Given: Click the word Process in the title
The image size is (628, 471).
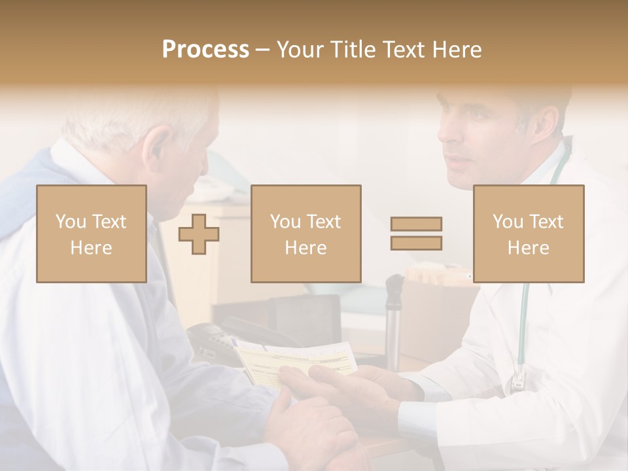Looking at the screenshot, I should pyautogui.click(x=205, y=50).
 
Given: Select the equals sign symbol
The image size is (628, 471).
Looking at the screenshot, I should pyautogui.click(x=416, y=234).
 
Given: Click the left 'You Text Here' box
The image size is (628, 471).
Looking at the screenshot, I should pyautogui.click(x=92, y=234).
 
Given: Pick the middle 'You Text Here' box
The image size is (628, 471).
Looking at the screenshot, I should pyautogui.click(x=305, y=234).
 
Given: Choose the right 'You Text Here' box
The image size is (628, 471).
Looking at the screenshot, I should pyautogui.click(x=528, y=234).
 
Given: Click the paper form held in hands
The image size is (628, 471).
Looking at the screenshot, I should pyautogui.click(x=294, y=360).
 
